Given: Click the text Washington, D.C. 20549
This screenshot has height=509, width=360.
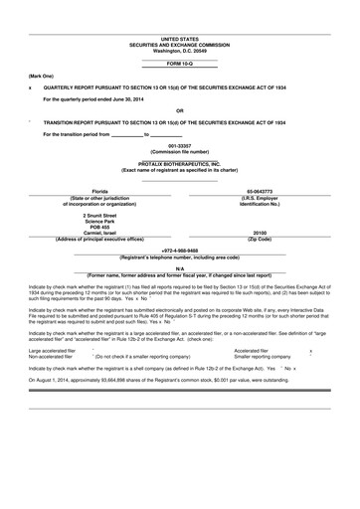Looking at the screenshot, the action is click(179, 50).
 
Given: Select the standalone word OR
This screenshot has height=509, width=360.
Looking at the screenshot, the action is click(179, 110).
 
